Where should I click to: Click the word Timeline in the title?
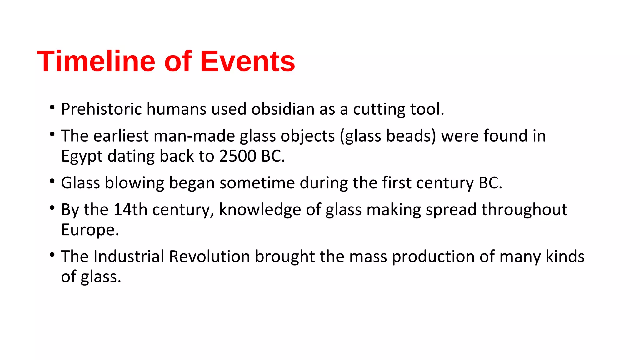[96, 61]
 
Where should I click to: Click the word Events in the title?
[247, 61]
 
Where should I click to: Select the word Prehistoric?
[101, 109]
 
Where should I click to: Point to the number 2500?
[237, 156]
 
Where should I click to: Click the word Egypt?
[82, 157]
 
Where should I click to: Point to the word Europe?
[90, 230]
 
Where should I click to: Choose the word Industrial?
[129, 257]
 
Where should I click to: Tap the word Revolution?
[209, 257]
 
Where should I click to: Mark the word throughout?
[524, 210]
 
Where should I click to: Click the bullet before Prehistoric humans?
[52, 108]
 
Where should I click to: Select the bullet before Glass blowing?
[52, 182]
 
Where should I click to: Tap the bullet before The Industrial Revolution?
[52, 255]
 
